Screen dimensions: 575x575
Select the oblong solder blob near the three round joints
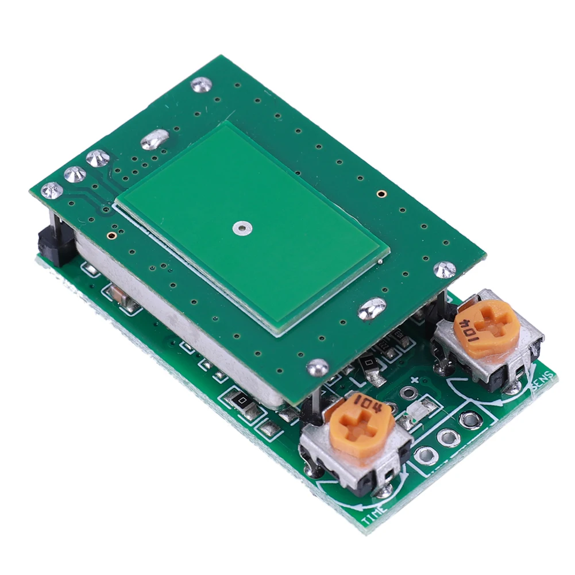(155, 139)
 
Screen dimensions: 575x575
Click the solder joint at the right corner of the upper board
(444, 269)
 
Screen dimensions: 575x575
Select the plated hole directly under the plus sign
(408, 393)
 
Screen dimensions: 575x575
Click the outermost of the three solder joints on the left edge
(52, 190)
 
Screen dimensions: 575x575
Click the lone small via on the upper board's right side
(380, 194)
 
